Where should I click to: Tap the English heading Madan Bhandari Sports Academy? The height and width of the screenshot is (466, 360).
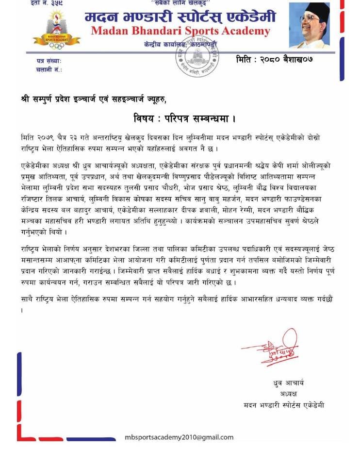(x=180, y=32)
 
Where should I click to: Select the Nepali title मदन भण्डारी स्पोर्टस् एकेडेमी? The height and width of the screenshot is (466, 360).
(x=180, y=17)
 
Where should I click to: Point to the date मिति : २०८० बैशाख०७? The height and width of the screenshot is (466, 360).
(x=274, y=59)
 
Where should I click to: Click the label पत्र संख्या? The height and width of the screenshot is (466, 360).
(x=49, y=61)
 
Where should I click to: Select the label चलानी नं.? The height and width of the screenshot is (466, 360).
(x=49, y=69)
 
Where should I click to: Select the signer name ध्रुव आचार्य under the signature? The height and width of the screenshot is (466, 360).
(x=289, y=383)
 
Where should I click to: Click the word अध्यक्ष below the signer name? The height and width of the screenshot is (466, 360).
(x=288, y=394)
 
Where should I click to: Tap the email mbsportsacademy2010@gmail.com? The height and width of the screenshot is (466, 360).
(x=179, y=437)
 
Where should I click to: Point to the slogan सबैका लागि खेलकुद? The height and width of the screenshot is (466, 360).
(x=179, y=2)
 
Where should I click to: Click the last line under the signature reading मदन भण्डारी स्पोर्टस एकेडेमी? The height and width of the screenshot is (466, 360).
(x=284, y=405)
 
